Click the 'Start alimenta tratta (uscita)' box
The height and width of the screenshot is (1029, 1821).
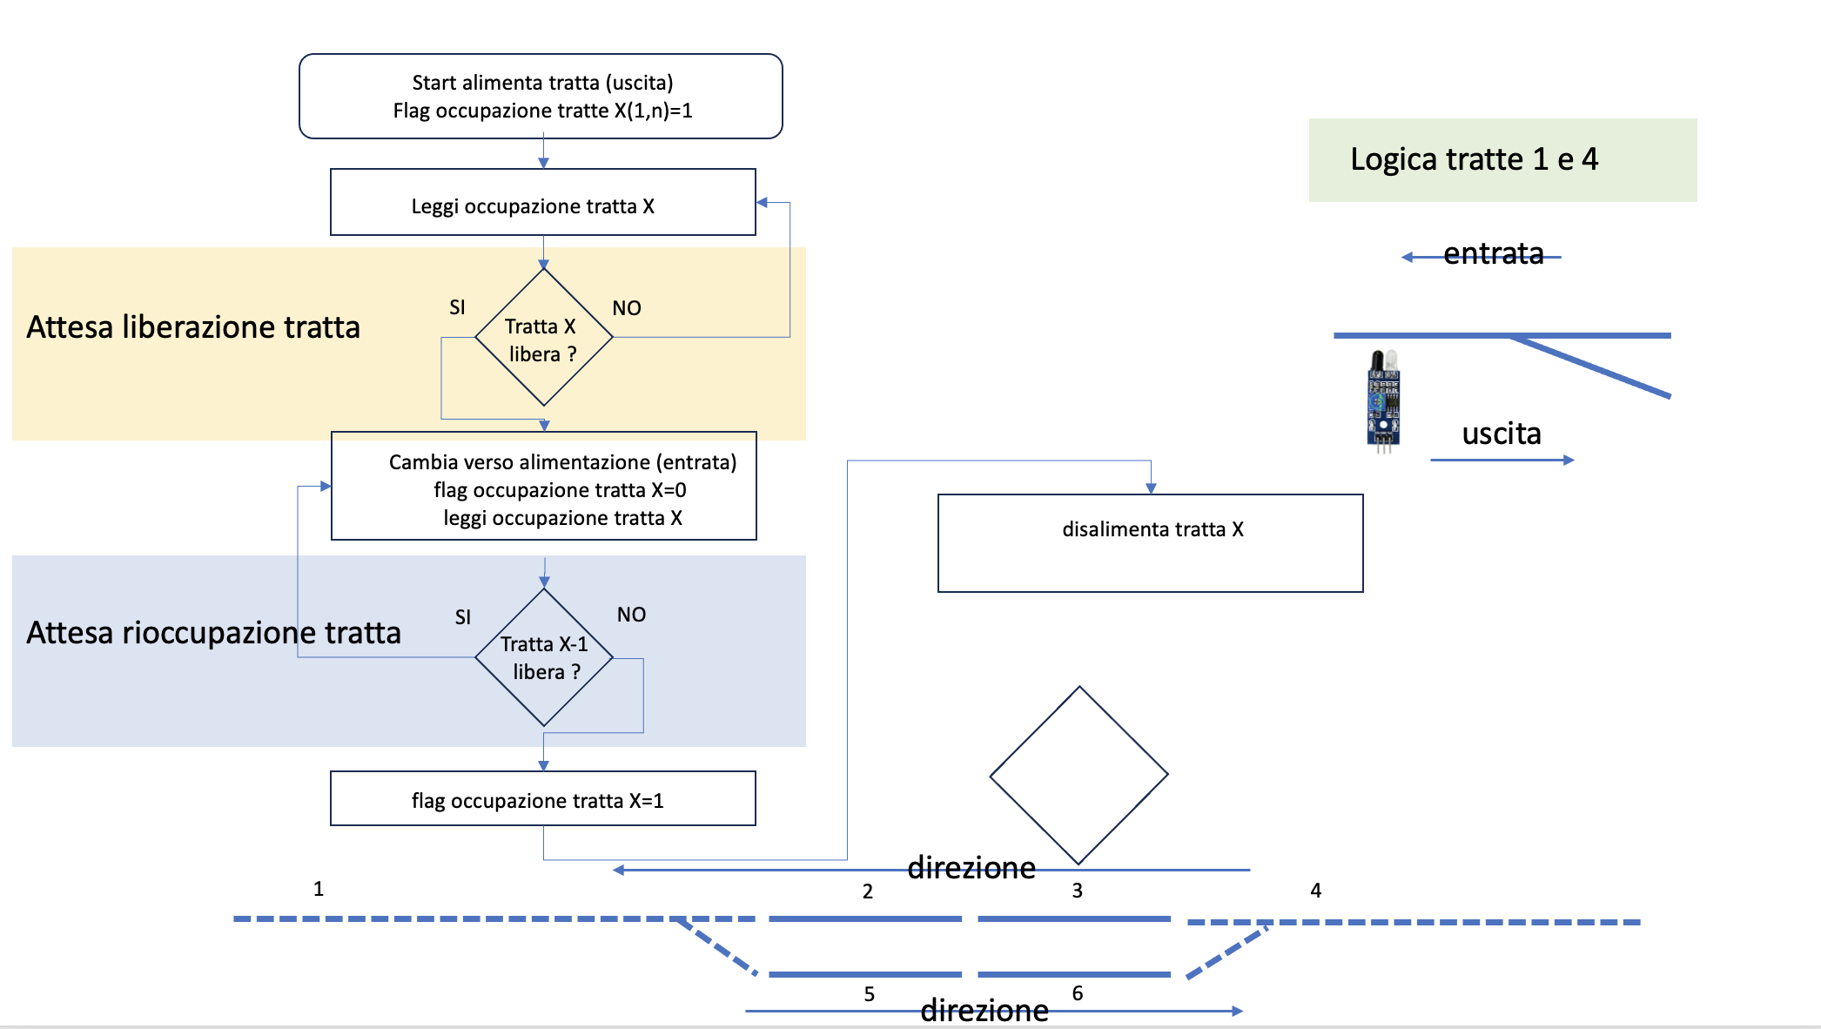(541, 97)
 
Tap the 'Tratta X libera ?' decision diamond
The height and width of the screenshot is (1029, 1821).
(543, 338)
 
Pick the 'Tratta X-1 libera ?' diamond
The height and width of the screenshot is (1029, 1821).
(544, 657)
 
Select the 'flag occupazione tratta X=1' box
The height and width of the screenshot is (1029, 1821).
(542, 799)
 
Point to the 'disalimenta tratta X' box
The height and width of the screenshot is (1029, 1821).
(1150, 543)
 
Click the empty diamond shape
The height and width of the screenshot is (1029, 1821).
(1078, 775)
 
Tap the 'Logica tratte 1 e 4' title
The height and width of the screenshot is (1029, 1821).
(1475, 160)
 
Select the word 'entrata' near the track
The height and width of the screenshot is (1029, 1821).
(1493, 253)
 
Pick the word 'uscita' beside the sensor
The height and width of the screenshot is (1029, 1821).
(1502, 434)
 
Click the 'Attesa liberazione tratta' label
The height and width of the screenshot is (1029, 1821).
(193, 327)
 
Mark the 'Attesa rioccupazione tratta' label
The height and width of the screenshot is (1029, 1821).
(213, 633)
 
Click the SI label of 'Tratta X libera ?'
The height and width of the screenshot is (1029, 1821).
(457, 307)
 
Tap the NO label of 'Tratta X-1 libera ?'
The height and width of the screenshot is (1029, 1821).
(631, 615)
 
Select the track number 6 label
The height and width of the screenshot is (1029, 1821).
(1078, 993)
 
